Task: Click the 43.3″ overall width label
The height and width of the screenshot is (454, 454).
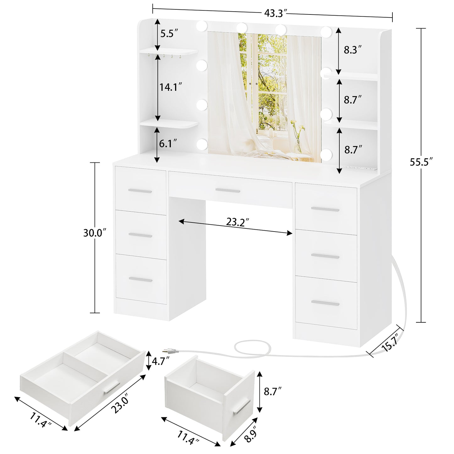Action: [276, 13]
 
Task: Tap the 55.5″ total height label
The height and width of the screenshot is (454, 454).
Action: [421, 162]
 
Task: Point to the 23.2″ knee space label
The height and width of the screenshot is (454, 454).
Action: [238, 222]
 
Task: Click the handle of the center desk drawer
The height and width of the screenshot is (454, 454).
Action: [228, 190]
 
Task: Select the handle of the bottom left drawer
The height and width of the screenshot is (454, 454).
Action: [140, 280]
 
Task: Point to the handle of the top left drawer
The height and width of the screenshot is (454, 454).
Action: [140, 191]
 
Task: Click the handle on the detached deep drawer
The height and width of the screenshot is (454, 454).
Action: [242, 408]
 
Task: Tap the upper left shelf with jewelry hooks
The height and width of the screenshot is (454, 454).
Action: [169, 52]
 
